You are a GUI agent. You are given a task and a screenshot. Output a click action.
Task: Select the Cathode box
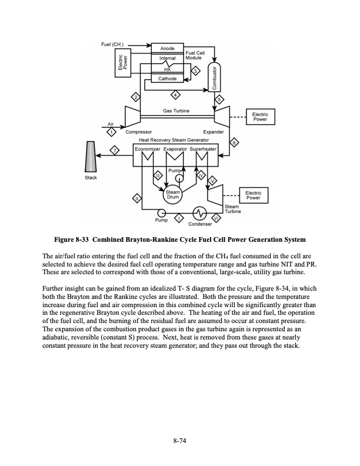click(x=167, y=78)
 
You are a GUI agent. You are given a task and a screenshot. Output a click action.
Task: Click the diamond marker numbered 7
click(x=116, y=151)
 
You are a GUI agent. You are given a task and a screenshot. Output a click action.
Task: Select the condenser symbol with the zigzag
click(x=199, y=212)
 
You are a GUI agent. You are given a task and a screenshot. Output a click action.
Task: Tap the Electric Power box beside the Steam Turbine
click(x=253, y=195)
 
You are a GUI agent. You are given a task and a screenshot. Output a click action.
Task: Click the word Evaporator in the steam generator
click(x=175, y=149)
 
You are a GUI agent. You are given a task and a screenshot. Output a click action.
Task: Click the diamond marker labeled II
click(x=136, y=199)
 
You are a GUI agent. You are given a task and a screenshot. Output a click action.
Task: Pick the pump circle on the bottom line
click(x=160, y=212)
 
